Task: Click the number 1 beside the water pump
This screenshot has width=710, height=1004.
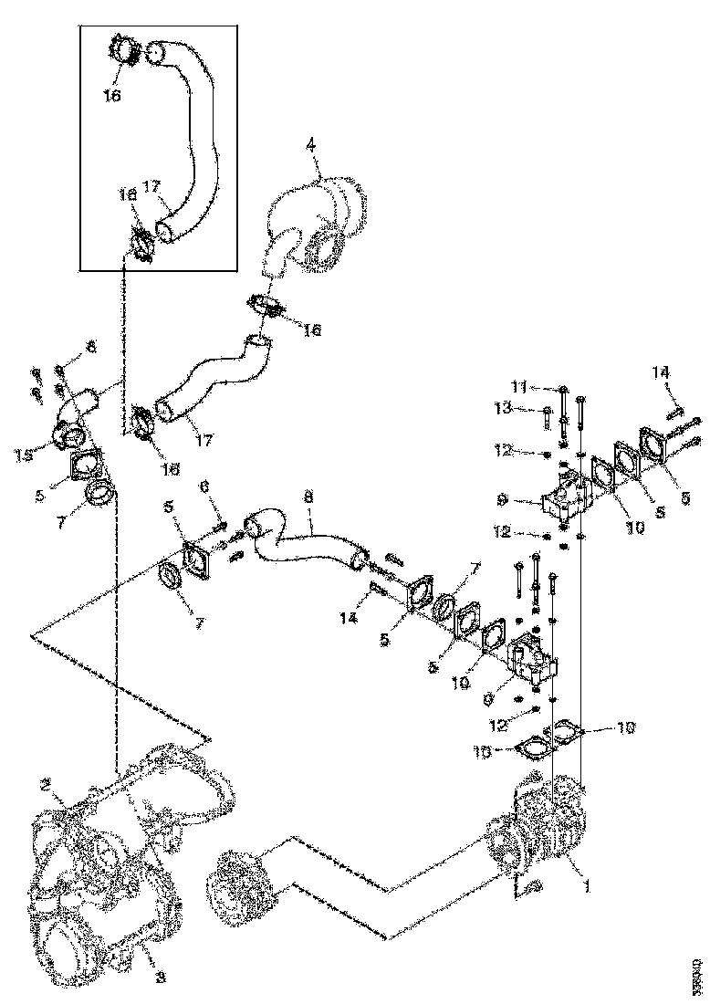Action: pyautogui.click(x=587, y=884)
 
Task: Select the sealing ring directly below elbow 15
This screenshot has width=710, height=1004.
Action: pyautogui.click(x=102, y=497)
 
